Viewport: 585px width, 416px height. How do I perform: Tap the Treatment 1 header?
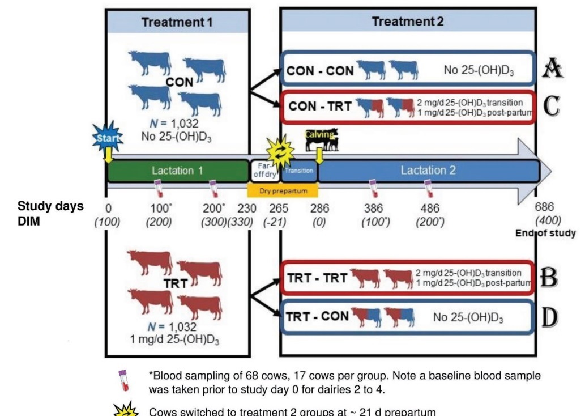177,22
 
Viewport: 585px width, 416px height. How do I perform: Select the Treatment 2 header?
408,22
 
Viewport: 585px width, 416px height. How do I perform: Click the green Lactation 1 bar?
177,171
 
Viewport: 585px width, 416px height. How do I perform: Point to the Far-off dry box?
264,169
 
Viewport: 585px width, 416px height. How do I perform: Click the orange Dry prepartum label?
283,191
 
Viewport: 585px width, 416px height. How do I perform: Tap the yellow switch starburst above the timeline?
280,149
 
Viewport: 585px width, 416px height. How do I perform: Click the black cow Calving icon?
321,139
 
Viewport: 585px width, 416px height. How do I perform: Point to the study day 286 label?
319,209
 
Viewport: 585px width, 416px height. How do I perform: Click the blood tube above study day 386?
373,188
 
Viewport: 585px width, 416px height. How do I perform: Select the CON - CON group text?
321,71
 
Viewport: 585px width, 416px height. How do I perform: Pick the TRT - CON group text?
318,316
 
